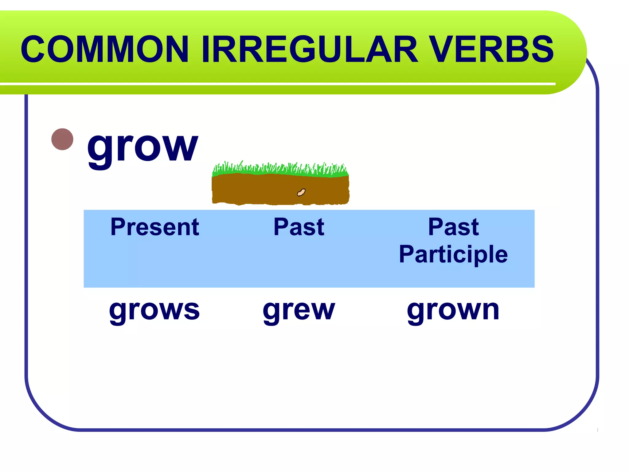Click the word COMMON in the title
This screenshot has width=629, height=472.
pos(104,49)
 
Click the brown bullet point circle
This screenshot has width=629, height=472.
pos(62,139)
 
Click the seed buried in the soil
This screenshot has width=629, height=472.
pos(301,193)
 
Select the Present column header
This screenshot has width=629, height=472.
pos(155,227)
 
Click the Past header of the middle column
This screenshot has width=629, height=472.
pos(299,227)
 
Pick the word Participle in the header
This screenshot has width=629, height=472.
pos(453,254)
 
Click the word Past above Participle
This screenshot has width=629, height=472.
pos(453,227)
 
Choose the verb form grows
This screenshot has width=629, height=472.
pos(154,310)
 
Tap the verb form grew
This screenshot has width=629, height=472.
pos(299,310)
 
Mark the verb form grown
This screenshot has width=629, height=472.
pos(453,310)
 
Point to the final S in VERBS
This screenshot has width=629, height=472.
pos(542,49)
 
